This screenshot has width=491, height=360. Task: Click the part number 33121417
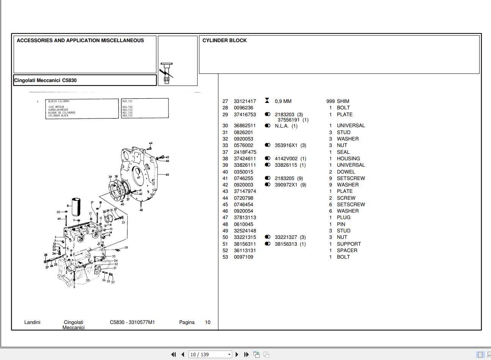click(x=245, y=101)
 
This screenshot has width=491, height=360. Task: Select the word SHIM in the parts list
click(x=343, y=101)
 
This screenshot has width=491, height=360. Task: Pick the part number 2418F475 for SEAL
click(x=245, y=152)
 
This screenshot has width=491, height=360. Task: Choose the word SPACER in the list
click(x=347, y=251)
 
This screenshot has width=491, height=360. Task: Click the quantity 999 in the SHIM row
click(x=330, y=101)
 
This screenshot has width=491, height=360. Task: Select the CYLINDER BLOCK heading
click(x=224, y=41)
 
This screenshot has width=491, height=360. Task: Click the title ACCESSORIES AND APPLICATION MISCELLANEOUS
click(x=80, y=41)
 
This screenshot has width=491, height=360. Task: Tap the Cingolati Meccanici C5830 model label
click(x=45, y=81)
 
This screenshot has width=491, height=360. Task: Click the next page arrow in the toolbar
click(x=237, y=355)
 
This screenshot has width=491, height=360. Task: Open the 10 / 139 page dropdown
click(x=210, y=355)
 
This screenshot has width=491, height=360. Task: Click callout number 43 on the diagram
click(x=167, y=175)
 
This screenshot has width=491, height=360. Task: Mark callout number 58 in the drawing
click(x=126, y=248)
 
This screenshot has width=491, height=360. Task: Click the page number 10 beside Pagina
click(x=208, y=322)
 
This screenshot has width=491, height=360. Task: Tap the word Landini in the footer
click(x=32, y=322)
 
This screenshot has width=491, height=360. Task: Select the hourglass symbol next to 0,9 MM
click(x=267, y=101)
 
